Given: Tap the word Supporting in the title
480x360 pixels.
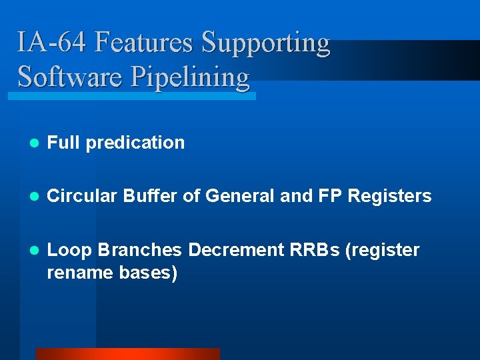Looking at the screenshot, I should click(265, 43).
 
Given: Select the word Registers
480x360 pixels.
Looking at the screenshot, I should click(390, 196).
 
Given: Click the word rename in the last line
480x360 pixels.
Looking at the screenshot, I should click(77, 272).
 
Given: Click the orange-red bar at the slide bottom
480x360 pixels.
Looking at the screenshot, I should click(127, 354).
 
